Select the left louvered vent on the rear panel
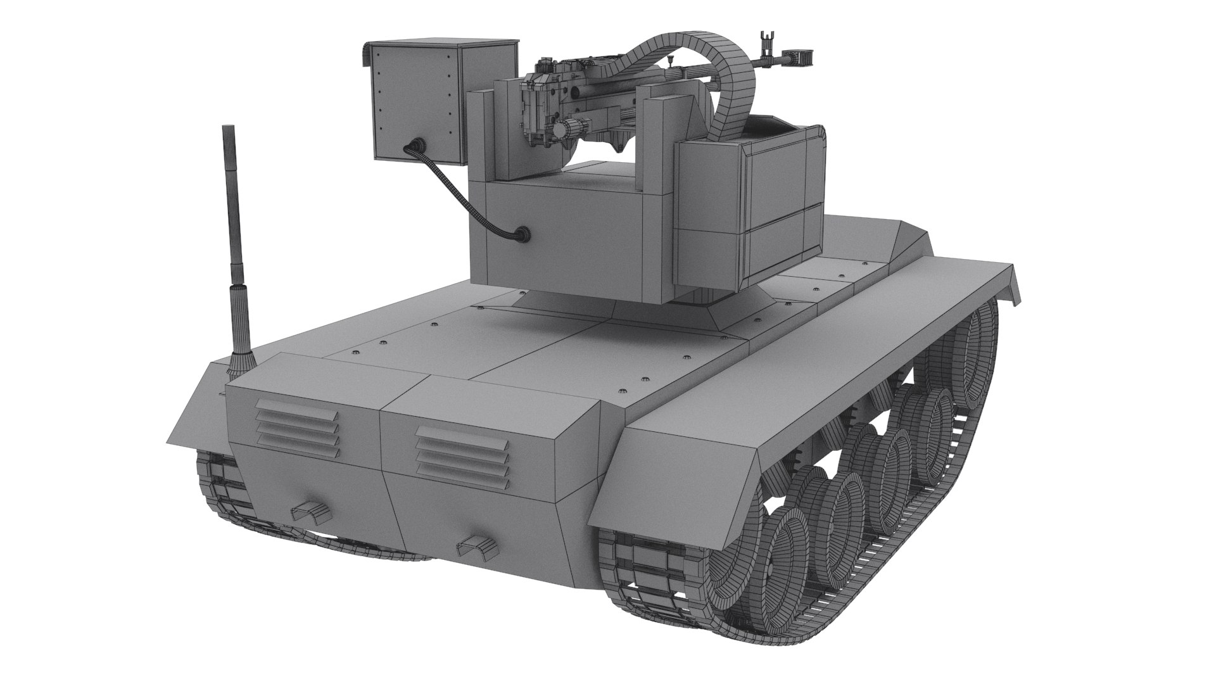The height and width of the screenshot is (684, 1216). coord(298,434)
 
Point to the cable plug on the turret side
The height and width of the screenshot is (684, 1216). coord(521,234)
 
